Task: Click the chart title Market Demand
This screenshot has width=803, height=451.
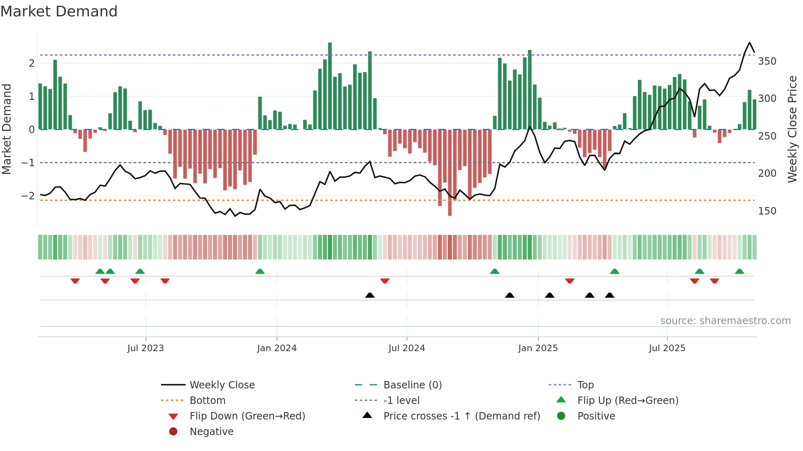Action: [x=59, y=11]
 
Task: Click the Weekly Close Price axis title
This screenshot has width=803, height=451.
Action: [x=792, y=129]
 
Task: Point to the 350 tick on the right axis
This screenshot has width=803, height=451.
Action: [x=767, y=61]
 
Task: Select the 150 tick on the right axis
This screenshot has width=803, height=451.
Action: [x=767, y=211]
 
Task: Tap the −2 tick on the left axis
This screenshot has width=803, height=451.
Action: [x=28, y=196]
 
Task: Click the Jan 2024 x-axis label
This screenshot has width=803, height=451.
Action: [x=277, y=348]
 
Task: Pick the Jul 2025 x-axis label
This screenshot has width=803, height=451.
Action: [x=667, y=348]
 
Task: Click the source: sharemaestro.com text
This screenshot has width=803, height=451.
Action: [x=725, y=321]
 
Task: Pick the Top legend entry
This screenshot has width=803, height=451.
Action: [x=585, y=385]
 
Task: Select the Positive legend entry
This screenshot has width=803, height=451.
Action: [x=596, y=416]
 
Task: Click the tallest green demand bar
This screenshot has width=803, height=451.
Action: [x=330, y=86]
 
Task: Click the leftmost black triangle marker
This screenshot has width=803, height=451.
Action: [x=370, y=295]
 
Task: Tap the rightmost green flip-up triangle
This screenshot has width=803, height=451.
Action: [x=739, y=271]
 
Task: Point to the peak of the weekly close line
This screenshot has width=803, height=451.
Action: [x=750, y=43]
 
